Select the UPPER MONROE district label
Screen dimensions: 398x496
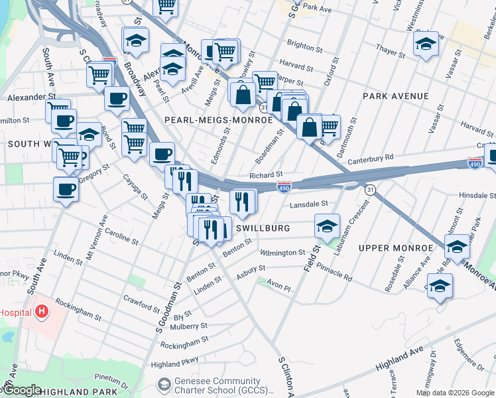point(395,248)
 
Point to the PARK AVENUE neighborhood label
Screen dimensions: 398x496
point(396,96)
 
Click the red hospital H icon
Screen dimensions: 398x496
point(42,310)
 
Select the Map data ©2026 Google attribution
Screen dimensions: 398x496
point(455,393)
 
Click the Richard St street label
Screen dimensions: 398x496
point(266,175)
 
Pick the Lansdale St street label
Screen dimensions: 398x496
point(308,204)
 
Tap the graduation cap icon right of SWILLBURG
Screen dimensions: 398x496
point(327,226)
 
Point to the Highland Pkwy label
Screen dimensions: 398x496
point(174,364)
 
